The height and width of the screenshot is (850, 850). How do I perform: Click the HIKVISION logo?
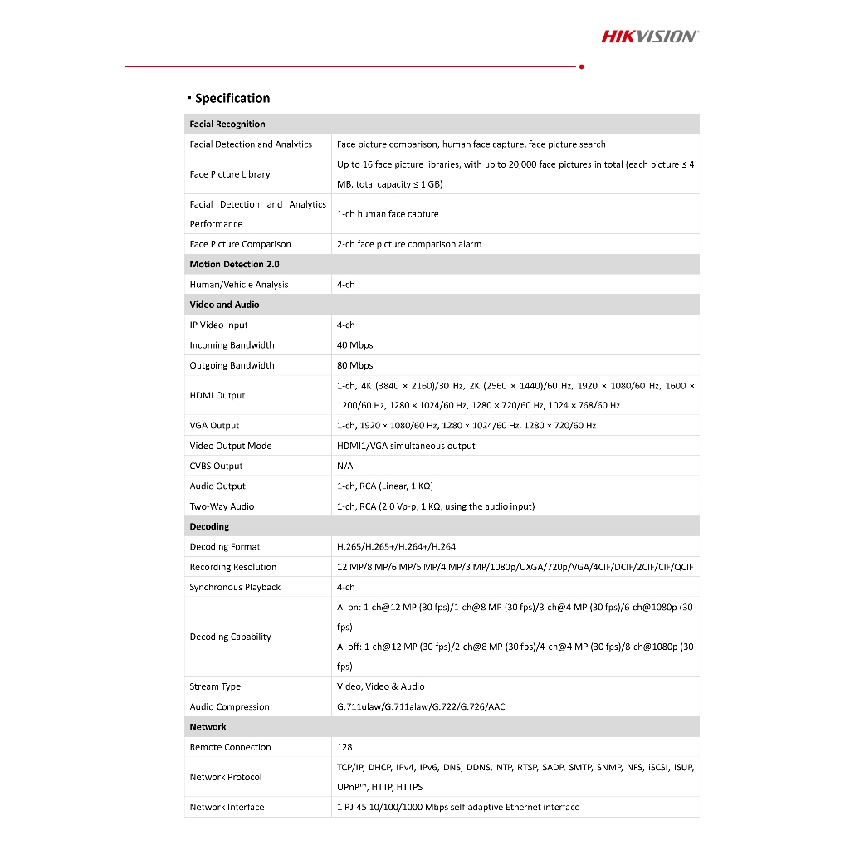point(649,36)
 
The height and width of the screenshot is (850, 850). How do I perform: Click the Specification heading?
point(232,99)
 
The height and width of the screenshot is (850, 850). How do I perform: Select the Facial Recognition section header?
point(227,125)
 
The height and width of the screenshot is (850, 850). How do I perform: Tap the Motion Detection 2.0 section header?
point(234,265)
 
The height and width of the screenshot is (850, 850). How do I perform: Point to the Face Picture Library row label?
point(230,174)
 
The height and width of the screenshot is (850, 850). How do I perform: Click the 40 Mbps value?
point(355,345)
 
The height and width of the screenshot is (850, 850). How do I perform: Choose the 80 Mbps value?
point(355,365)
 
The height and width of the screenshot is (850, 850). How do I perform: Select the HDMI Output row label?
point(217,396)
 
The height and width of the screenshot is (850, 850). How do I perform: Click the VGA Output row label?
point(214,426)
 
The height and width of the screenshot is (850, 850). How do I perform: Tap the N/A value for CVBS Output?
point(345,467)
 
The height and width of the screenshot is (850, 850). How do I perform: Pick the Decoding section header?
point(209,527)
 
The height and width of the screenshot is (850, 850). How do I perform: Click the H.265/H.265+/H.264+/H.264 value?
point(396,547)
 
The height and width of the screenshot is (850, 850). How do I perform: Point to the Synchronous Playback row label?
point(235,588)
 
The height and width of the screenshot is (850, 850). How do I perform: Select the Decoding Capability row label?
point(230,637)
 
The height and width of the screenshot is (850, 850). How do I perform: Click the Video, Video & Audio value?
point(380,687)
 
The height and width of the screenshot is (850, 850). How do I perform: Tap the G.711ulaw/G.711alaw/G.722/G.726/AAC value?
point(421,707)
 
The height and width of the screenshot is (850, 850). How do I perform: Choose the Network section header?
point(208,727)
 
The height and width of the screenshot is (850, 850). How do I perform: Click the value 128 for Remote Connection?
point(344,748)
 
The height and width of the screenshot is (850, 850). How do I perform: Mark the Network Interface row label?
point(227,808)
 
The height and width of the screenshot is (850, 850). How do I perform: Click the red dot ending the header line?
point(581,66)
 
